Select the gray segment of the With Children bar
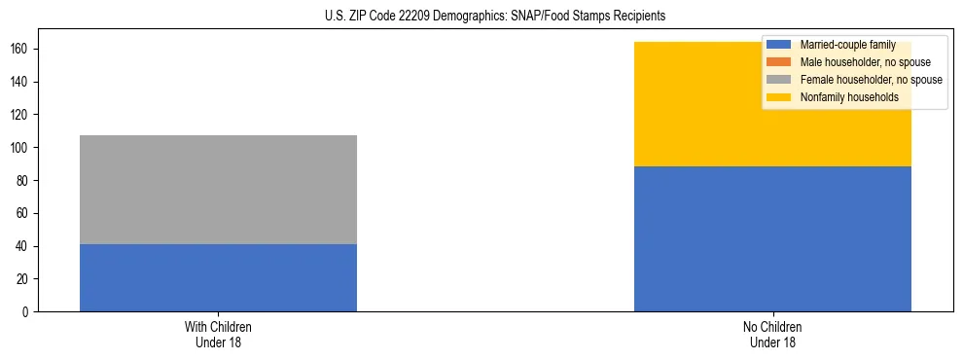(218, 190)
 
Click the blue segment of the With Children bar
(218, 277)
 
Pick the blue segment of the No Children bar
(772, 238)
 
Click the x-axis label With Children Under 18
(218, 335)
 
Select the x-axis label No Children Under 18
(772, 335)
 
